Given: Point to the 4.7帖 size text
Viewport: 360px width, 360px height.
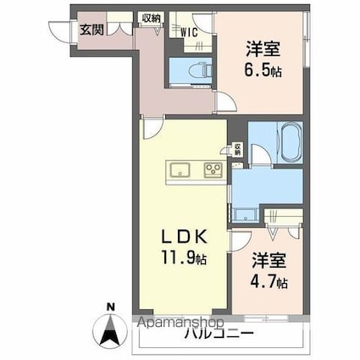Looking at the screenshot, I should coord(269,280).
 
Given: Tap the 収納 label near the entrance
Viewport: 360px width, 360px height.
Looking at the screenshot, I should coord(151,17).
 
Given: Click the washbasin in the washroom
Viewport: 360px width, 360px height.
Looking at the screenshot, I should coord(246,213).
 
